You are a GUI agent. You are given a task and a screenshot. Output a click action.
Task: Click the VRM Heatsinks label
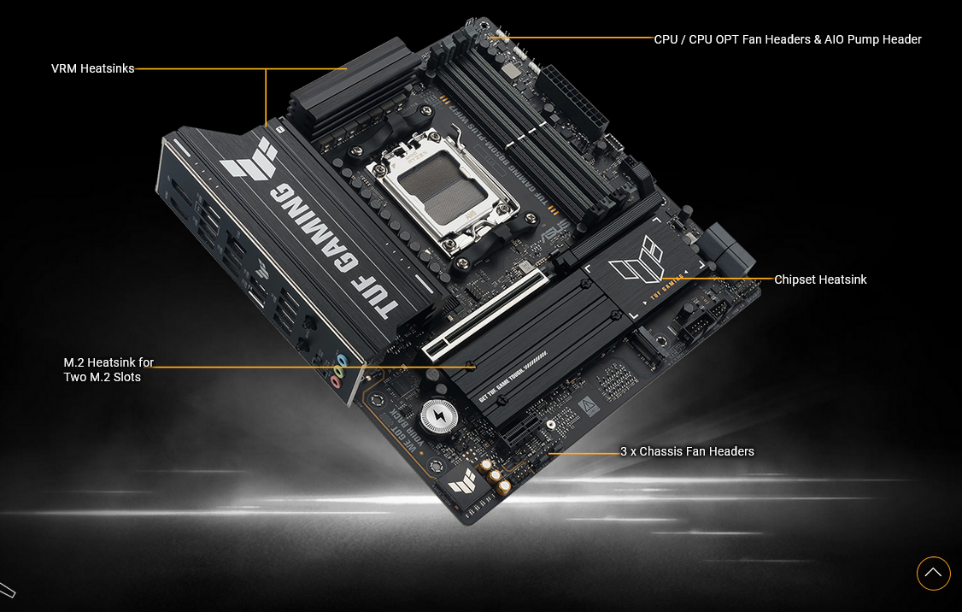click(92, 68)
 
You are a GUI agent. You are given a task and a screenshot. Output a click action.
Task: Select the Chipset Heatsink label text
click(820, 280)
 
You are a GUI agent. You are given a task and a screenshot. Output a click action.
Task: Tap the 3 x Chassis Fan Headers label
click(687, 451)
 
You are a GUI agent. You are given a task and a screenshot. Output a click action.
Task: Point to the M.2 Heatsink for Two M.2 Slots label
click(109, 369)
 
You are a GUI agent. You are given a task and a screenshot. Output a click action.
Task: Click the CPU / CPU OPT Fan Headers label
click(787, 39)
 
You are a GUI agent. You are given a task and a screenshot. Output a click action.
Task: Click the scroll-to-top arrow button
click(933, 573)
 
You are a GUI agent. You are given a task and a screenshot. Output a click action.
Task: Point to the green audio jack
click(338, 373)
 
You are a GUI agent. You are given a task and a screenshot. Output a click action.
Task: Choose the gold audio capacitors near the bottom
click(496, 475)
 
